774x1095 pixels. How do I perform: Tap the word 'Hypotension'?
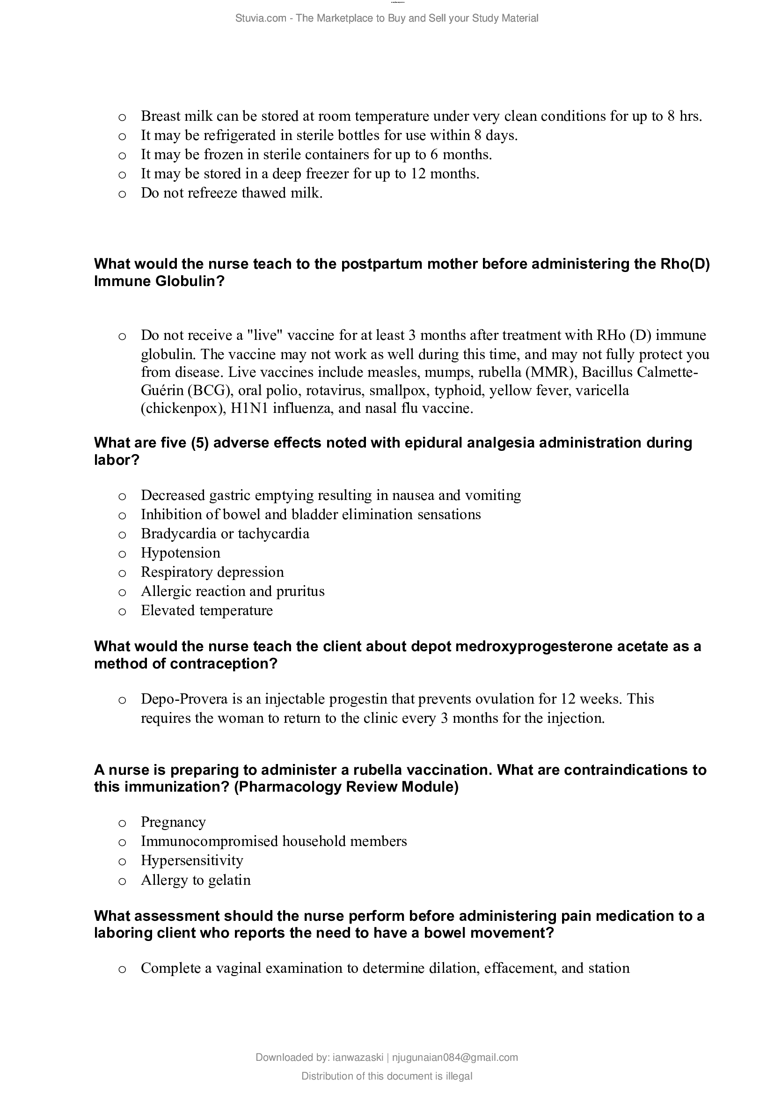tap(181, 553)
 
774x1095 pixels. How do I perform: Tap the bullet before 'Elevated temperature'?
tap(122, 611)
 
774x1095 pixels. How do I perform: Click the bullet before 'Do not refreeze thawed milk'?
tap(122, 194)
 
